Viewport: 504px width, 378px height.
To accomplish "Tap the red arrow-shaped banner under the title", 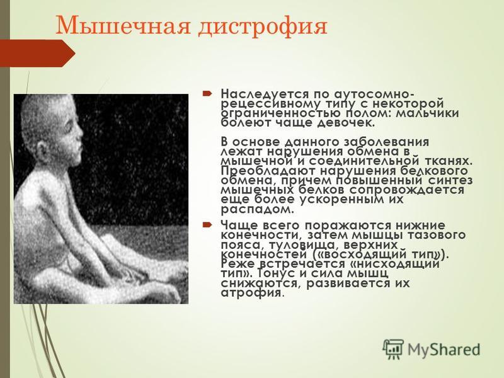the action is pos(38,54).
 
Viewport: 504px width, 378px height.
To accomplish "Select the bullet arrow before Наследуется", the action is pos(207,94).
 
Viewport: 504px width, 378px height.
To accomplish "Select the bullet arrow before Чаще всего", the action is pos(207,224).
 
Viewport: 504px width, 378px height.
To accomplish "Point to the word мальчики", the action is pos(427,113).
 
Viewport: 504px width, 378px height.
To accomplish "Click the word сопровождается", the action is pos(406,190).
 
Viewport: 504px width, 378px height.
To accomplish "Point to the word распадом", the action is pos(258,210).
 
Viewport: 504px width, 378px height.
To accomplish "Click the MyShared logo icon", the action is pos(393,349).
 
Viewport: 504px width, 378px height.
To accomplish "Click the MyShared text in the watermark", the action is pos(444,350).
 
